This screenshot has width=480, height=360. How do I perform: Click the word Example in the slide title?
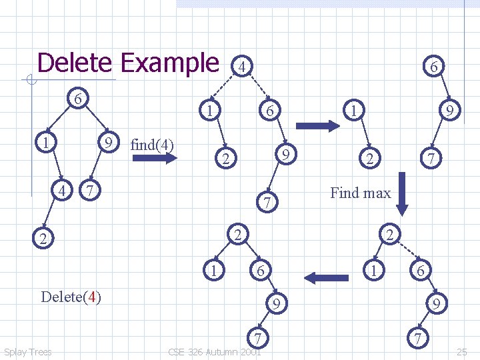pyautogui.click(x=169, y=63)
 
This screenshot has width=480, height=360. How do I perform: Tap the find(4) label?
pyautogui.click(x=153, y=144)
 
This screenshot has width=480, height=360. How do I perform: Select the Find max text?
pyautogui.click(x=360, y=193)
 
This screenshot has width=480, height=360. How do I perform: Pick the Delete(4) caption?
pyautogui.click(x=71, y=297)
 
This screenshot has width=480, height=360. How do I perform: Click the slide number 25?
pyautogui.click(x=462, y=351)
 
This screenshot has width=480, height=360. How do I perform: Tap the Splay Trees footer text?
pyautogui.click(x=27, y=352)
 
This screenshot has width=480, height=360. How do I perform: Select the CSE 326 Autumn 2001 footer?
pyautogui.click(x=214, y=352)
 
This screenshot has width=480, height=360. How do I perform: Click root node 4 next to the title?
pyautogui.click(x=243, y=67)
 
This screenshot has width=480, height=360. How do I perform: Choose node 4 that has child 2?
pyautogui.click(x=63, y=191)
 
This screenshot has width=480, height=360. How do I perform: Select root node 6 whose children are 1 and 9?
pyautogui.click(x=78, y=99)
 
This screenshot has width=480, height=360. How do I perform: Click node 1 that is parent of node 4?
pyautogui.click(x=43, y=143)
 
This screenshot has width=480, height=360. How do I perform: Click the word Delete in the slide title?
pyautogui.click(x=75, y=63)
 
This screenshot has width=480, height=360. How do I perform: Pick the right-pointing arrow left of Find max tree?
pyautogui.click(x=317, y=125)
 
